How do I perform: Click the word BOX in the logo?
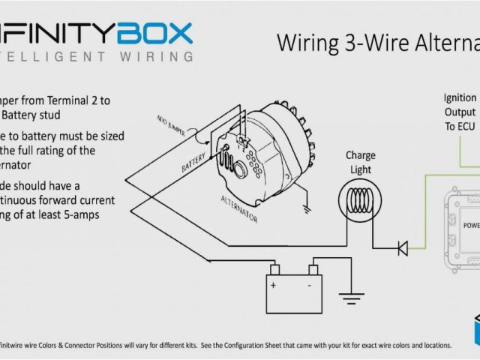[153, 33]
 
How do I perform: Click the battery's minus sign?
[308, 286]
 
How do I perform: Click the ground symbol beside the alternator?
[306, 204]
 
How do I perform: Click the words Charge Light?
[360, 163]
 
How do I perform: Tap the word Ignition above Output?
[460, 97]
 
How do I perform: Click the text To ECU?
[460, 126]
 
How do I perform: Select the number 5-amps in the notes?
[80, 215]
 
